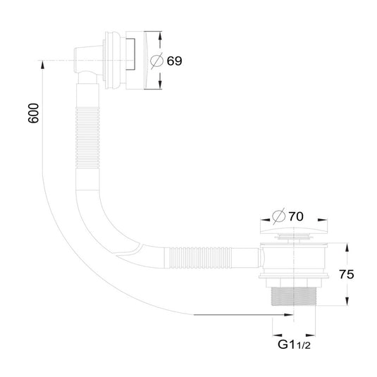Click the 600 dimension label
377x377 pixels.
(x=33, y=113)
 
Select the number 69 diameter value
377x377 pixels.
(x=174, y=61)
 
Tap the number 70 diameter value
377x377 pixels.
(x=296, y=216)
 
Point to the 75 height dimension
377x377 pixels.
(x=347, y=274)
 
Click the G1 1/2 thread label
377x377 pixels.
(x=294, y=345)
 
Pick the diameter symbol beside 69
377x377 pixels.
(x=156, y=61)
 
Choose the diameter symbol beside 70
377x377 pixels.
(x=278, y=216)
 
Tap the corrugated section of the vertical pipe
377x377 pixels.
(x=87, y=138)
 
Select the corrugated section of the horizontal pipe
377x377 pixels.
(x=201, y=258)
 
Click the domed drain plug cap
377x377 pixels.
(x=294, y=230)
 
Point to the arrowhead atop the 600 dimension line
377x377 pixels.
(x=42, y=65)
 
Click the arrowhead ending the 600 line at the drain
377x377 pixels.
(x=289, y=314)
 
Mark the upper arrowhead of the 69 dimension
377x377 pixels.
(x=160, y=37)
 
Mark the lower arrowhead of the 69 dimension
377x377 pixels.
(x=160, y=85)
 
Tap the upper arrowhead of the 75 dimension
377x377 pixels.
(x=347, y=247)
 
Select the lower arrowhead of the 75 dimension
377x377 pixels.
(x=347, y=302)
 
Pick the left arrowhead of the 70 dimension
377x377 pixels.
(x=265, y=220)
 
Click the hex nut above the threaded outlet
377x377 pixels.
(x=294, y=283)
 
